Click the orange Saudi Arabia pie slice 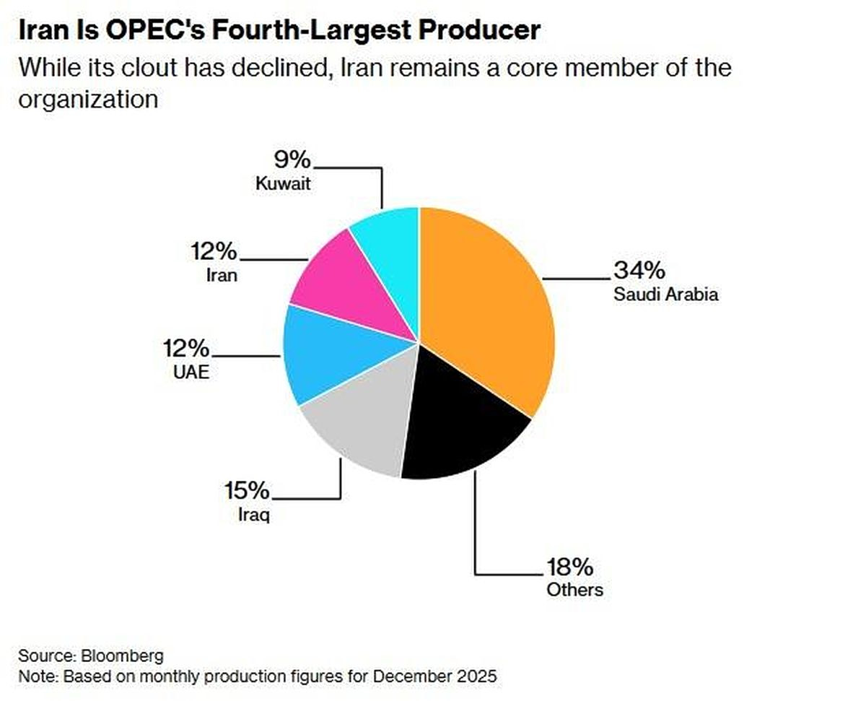(x=491, y=303)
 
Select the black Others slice (x=462, y=433)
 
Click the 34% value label (x=639, y=271)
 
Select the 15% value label (x=247, y=492)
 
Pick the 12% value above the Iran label (x=214, y=252)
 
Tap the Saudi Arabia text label (x=666, y=295)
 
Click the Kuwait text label (x=283, y=183)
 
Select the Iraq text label (x=253, y=516)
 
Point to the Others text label (x=574, y=589)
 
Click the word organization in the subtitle (x=87, y=99)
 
